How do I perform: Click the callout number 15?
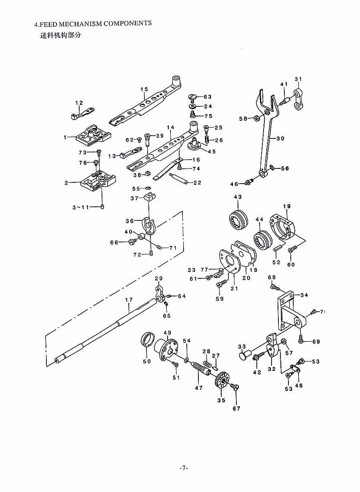144,89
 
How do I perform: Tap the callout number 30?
280,138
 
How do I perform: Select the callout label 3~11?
81,207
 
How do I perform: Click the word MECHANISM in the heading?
80,24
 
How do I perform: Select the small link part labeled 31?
298,99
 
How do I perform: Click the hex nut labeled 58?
256,118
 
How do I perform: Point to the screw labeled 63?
192,98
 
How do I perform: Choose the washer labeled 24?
194,107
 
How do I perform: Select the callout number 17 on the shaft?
129,300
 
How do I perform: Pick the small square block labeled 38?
148,174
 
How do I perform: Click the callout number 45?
211,151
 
